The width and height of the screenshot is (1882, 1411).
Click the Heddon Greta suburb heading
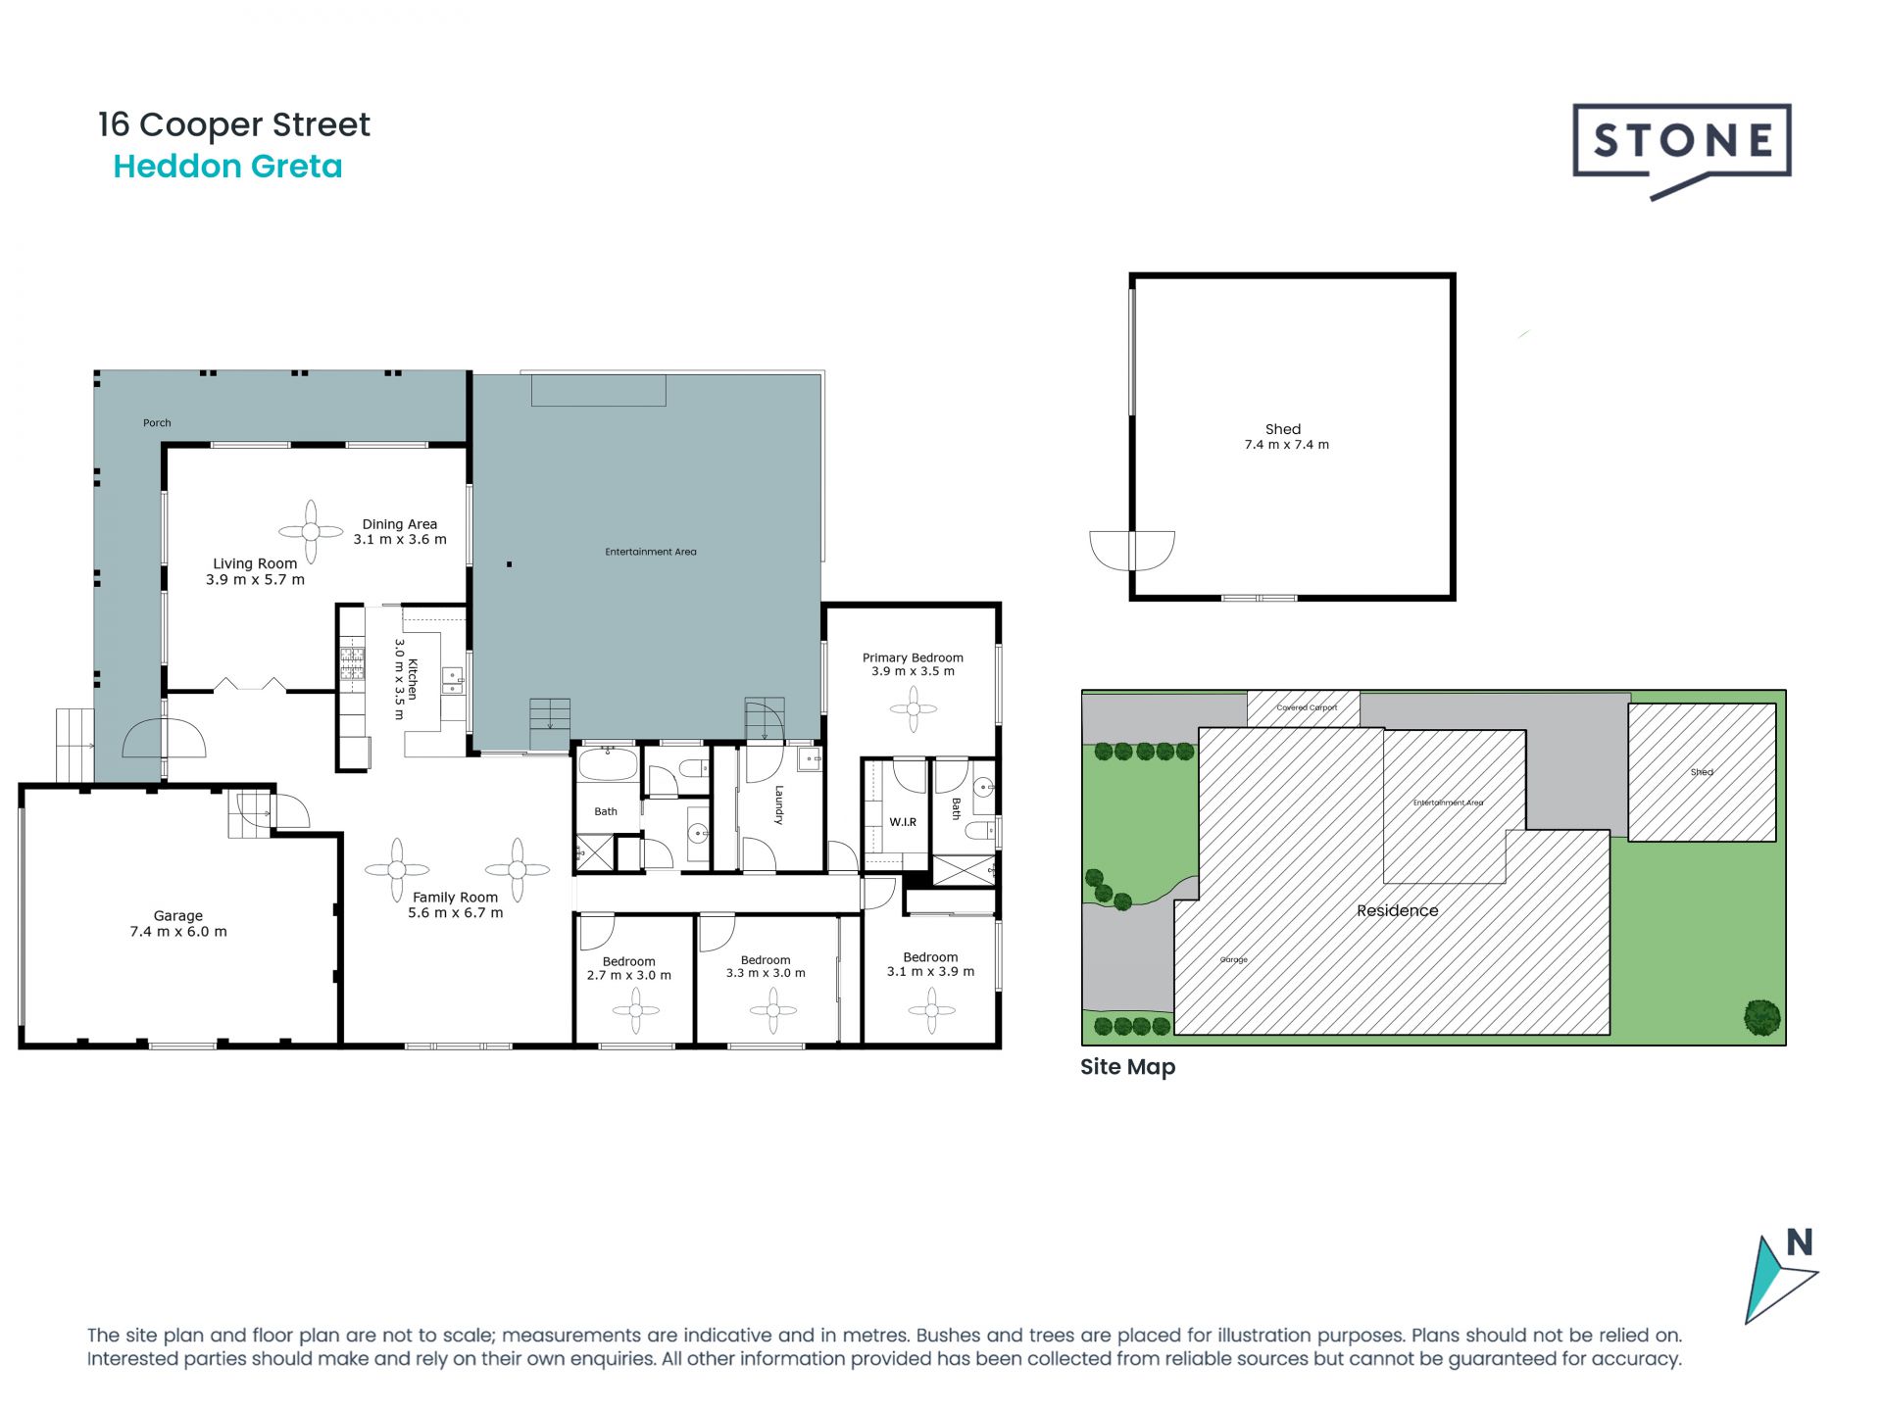[x=227, y=167]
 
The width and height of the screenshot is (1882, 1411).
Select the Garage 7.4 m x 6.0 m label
[x=178, y=923]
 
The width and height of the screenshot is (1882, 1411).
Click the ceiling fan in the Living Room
[x=311, y=531]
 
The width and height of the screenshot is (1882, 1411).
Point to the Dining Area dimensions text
[x=400, y=540]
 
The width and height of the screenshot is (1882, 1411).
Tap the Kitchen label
[x=413, y=678]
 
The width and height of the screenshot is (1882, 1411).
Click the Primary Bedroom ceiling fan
[x=914, y=708]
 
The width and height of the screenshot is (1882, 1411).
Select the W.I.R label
[x=903, y=822]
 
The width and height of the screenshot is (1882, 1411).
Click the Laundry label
[x=779, y=804]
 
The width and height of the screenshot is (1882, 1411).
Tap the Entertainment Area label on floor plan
[x=651, y=552]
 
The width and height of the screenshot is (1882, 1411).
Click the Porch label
[x=157, y=423]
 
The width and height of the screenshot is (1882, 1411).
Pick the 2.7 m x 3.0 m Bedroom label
[x=628, y=968]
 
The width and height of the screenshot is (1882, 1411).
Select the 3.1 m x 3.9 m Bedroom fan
[x=931, y=1009]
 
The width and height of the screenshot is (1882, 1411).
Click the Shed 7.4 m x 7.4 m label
[x=1286, y=437]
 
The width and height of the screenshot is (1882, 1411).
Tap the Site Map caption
[x=1127, y=1067]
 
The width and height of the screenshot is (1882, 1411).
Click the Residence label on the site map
[x=1397, y=910]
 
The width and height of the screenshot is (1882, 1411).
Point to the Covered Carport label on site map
[x=1306, y=707]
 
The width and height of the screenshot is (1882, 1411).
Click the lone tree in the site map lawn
[x=1761, y=1017]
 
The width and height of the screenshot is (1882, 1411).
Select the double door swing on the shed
[x=1131, y=551]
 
